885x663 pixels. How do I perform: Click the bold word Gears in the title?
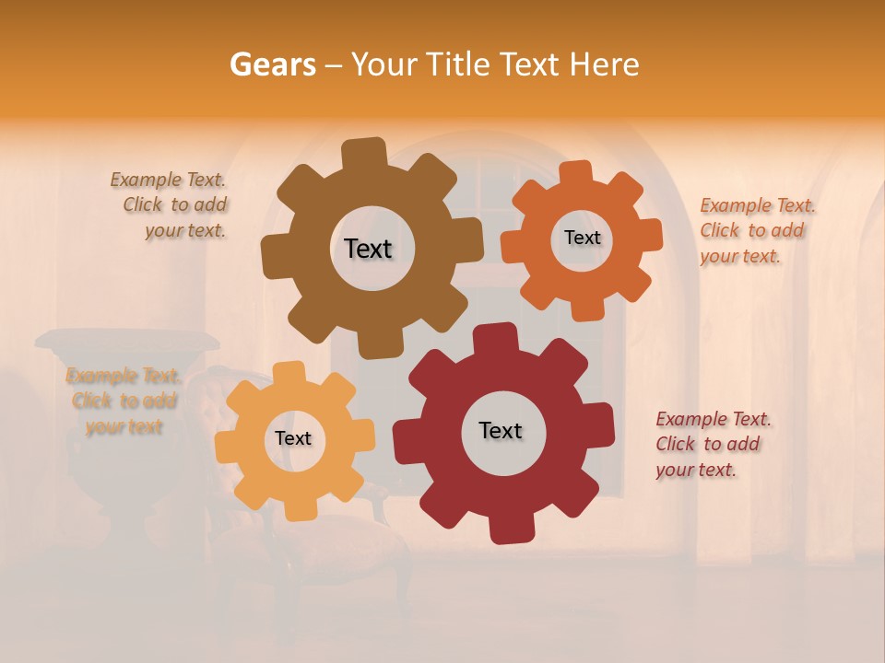(272, 64)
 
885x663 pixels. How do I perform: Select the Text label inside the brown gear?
(368, 249)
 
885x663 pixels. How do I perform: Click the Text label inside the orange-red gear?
(582, 238)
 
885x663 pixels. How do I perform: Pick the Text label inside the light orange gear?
(293, 439)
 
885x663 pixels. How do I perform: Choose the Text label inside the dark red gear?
(501, 431)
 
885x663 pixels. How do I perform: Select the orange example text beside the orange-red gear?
(756, 231)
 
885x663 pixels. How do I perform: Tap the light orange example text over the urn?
(124, 401)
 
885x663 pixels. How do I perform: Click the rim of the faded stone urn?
(127, 340)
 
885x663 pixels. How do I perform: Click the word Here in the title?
(604, 64)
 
